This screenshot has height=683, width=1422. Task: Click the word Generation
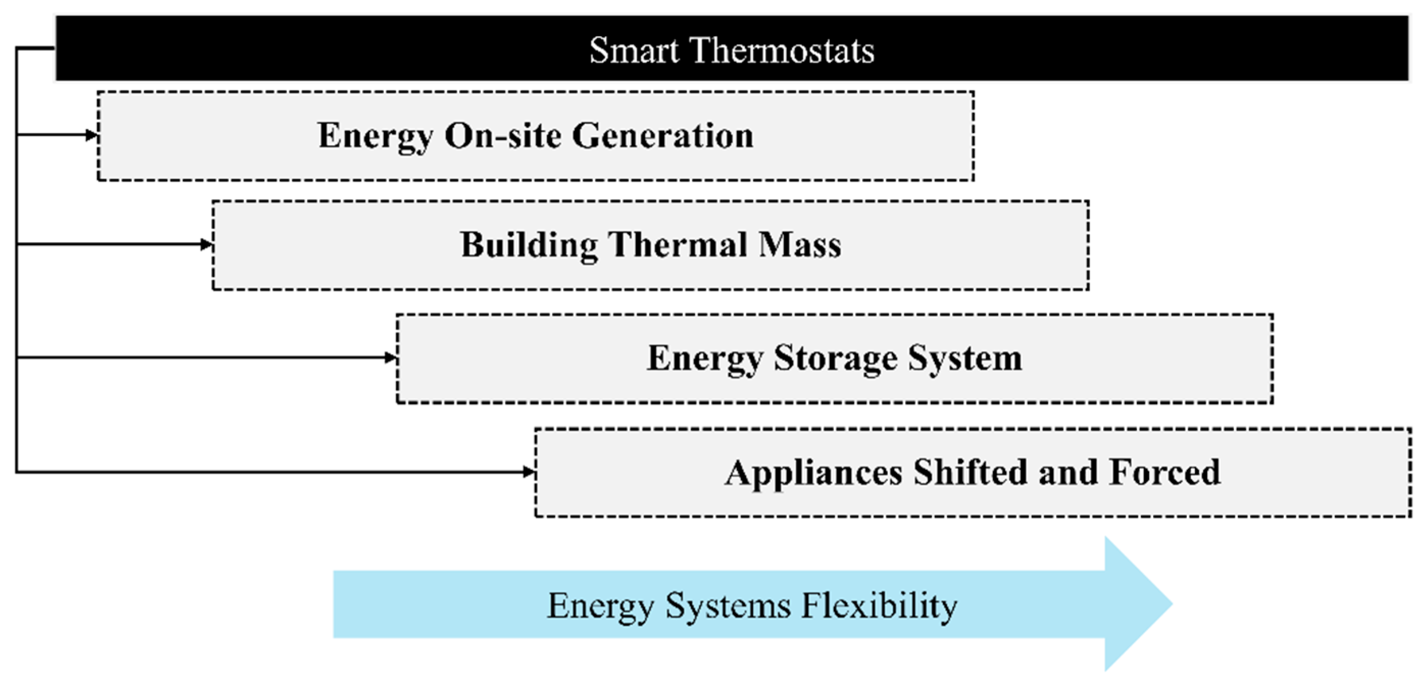[663, 136]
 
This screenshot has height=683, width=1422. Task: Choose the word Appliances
[814, 473]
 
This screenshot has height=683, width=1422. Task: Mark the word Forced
[1165, 473]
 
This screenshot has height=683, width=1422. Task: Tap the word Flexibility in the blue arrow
[879, 605]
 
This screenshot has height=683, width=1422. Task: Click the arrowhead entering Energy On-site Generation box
[92, 135]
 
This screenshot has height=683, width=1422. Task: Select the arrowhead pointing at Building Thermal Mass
[207, 244]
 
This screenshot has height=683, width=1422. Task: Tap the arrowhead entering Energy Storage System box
[390, 358]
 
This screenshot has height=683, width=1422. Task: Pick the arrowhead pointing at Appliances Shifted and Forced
[528, 471]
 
